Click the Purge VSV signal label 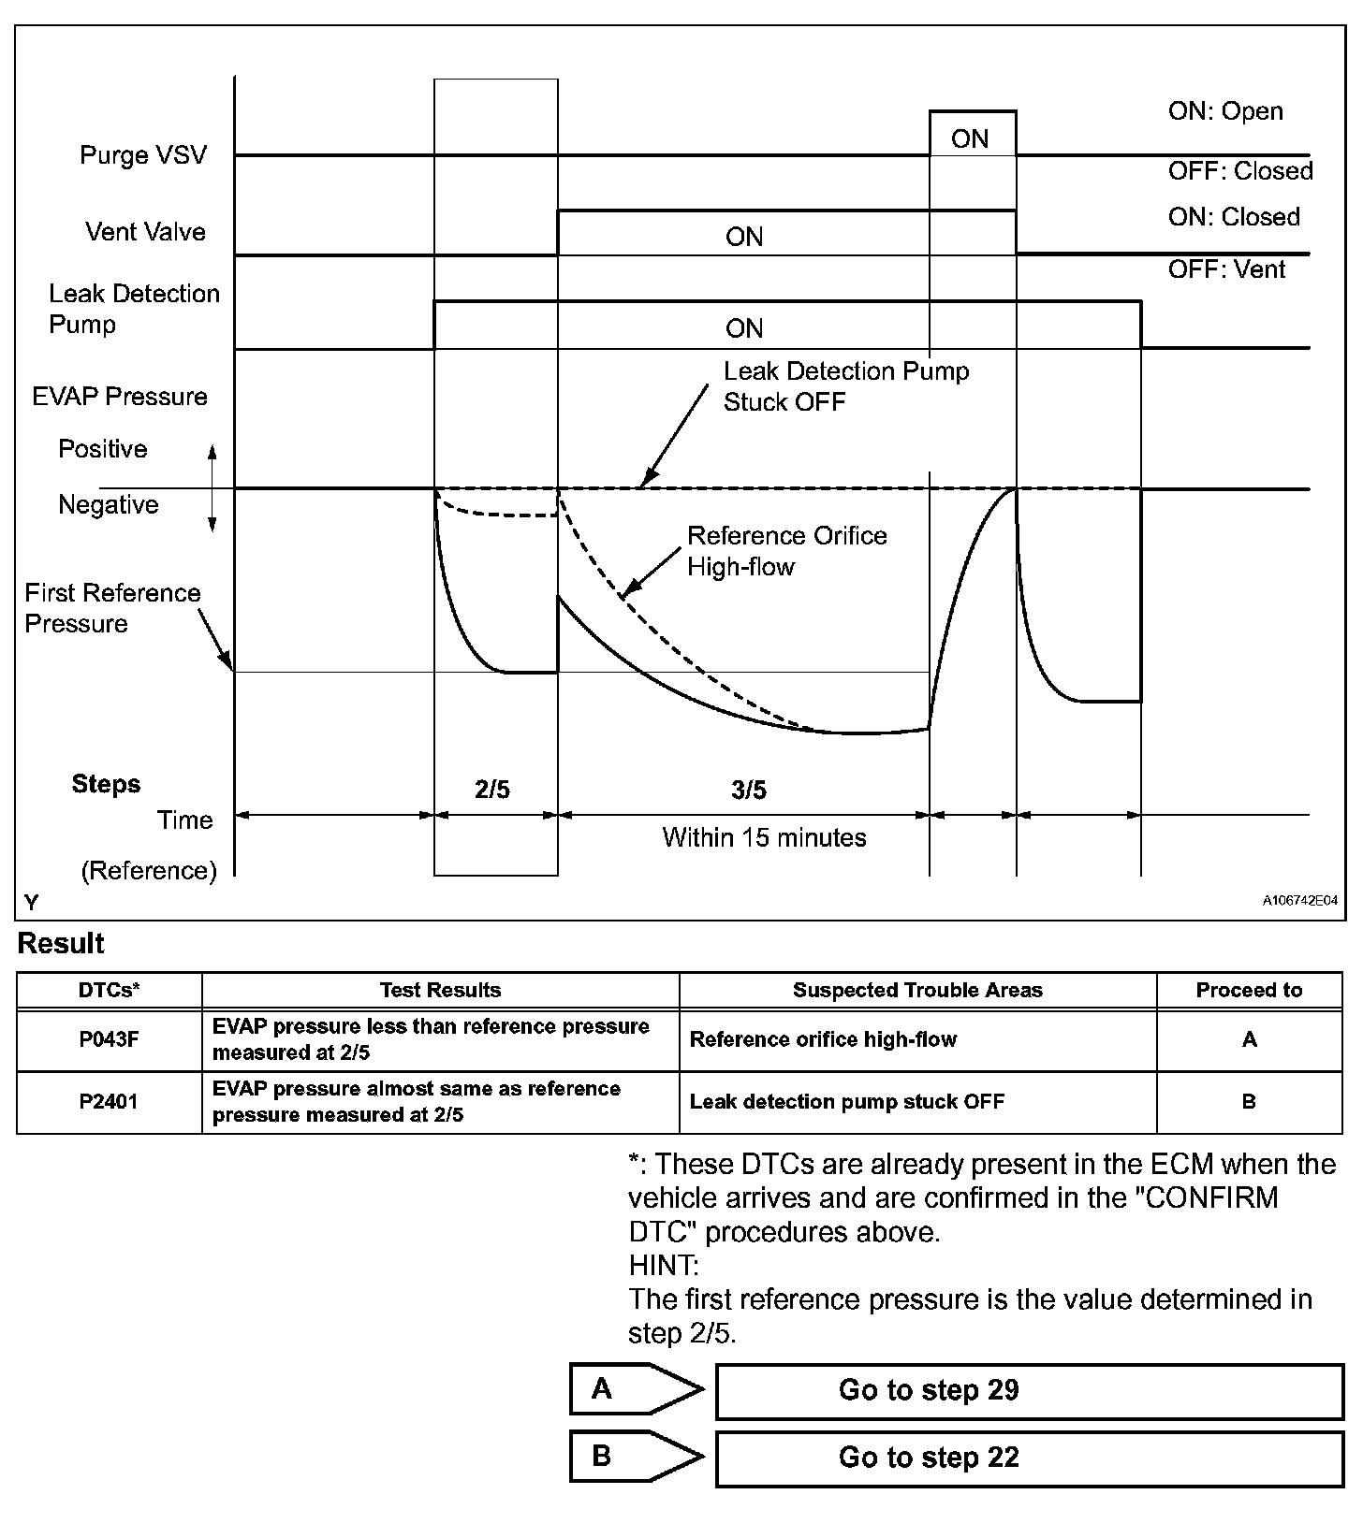(x=142, y=155)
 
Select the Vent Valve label (x=145, y=232)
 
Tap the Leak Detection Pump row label (x=134, y=309)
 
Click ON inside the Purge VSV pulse (x=970, y=139)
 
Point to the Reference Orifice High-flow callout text (x=786, y=551)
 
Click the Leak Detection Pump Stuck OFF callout (x=845, y=386)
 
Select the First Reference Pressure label (x=112, y=608)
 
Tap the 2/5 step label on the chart (x=492, y=791)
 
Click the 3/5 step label (x=749, y=791)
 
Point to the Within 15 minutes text (x=764, y=837)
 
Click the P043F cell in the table (x=109, y=1039)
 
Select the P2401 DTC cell (x=109, y=1102)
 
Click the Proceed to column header (x=1249, y=990)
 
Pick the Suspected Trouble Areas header (x=917, y=990)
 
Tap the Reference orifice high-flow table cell (x=823, y=1039)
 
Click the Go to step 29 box (x=1029, y=1390)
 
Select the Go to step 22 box (x=1029, y=1458)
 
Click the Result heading (x=61, y=944)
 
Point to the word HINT (x=663, y=1266)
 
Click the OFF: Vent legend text (x=1226, y=269)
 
